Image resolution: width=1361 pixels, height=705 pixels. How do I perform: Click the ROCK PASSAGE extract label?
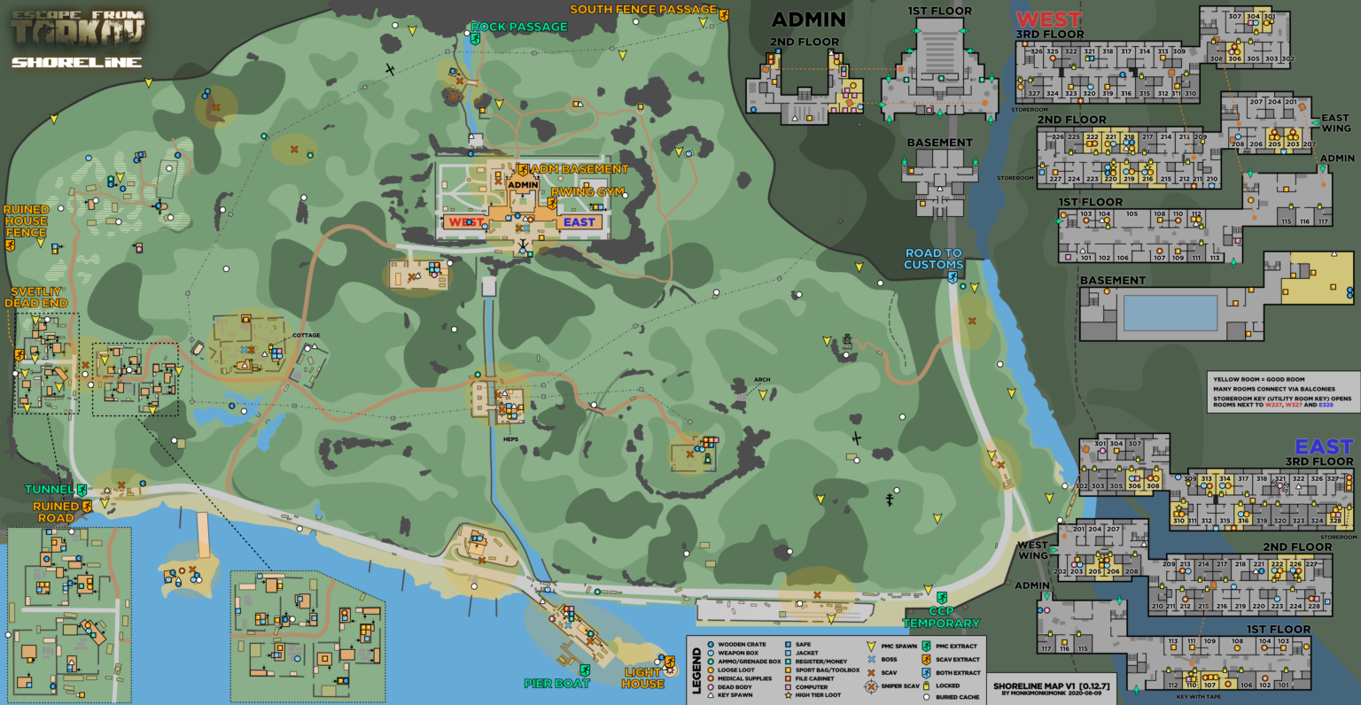(518, 27)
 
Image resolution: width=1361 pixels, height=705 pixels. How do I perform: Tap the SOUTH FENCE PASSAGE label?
(643, 10)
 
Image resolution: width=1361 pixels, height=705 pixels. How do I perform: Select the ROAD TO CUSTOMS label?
(933, 259)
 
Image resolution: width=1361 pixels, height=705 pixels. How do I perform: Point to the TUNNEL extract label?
(49, 490)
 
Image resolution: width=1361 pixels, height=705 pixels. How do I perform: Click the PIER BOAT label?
(556, 683)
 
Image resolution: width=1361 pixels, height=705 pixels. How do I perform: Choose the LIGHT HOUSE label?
(642, 678)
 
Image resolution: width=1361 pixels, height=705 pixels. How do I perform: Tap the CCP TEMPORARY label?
(941, 617)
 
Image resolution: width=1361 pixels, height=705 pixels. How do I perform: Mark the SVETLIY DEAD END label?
(35, 298)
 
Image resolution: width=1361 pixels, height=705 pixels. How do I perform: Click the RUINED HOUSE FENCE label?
(26, 221)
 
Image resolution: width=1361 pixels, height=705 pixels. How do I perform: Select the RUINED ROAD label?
(56, 512)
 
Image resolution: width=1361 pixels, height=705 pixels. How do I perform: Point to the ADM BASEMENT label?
(579, 169)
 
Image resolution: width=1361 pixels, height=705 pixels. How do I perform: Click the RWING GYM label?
(587, 192)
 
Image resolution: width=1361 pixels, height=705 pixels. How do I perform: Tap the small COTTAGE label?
(307, 336)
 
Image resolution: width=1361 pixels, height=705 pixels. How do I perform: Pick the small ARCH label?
(762, 380)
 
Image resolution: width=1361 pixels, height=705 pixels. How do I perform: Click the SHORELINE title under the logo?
(76, 63)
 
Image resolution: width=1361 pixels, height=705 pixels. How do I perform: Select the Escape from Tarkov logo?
(78, 28)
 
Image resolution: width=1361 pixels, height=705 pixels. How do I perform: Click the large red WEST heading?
(1048, 19)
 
